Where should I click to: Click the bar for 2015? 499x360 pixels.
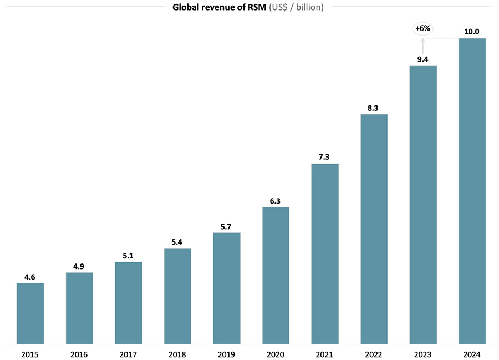coord(30,313)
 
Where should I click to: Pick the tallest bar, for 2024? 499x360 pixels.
coord(472,191)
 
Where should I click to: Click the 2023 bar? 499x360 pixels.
coord(423,205)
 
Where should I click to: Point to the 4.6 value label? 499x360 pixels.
coord(30,276)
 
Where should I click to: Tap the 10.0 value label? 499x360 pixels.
coord(472,31)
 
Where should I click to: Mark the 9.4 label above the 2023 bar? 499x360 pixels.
coord(423,59)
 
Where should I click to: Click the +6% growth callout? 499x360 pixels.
coord(423,28)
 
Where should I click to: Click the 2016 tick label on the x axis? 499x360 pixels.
coord(79,353)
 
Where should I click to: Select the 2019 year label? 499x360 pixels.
coord(227,353)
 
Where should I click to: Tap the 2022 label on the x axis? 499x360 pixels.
coord(374,353)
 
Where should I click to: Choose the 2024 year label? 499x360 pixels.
coord(472,353)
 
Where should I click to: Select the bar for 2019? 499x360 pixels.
coord(227,288)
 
